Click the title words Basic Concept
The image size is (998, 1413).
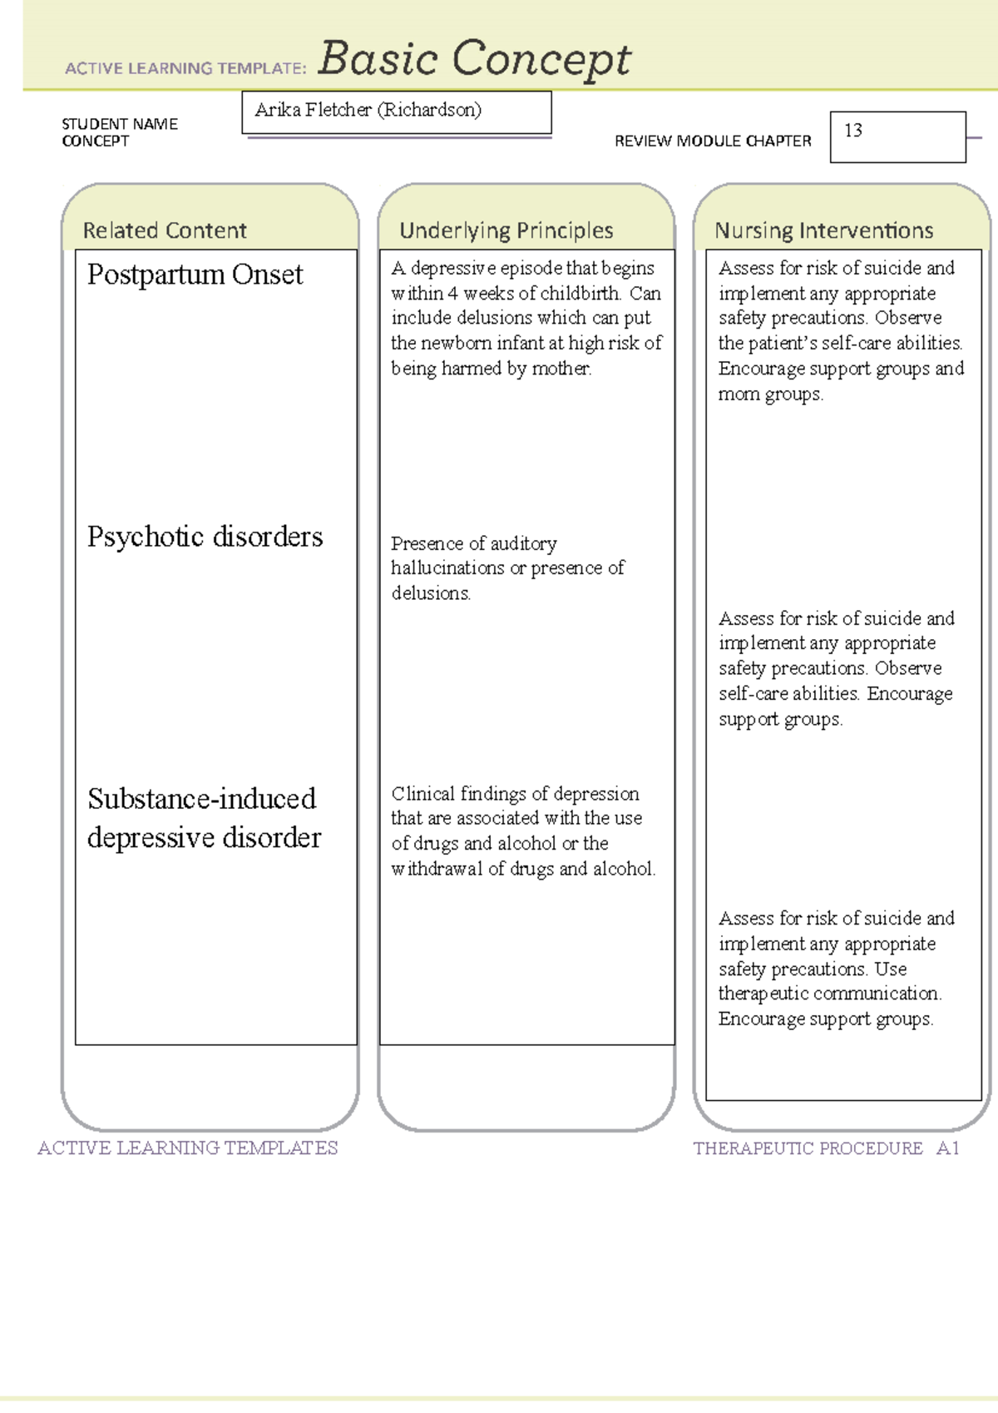click(474, 60)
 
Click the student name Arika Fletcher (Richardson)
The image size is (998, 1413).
click(368, 110)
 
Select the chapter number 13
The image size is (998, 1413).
click(853, 131)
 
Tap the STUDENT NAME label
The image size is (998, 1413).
click(120, 124)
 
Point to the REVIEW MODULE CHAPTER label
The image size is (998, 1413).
click(713, 141)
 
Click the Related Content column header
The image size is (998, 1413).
click(165, 231)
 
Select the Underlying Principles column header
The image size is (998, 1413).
click(506, 231)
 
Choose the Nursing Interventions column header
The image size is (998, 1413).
click(823, 231)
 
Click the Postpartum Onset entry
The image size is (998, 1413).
click(195, 275)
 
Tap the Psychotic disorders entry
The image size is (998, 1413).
click(205, 537)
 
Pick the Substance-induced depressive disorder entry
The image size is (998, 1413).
click(204, 817)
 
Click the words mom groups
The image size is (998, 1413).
click(770, 394)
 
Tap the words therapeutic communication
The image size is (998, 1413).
click(829, 994)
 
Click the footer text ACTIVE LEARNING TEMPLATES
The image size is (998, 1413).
click(187, 1148)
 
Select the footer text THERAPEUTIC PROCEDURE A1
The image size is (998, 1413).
click(826, 1148)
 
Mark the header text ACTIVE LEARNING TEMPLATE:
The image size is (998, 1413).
click(185, 68)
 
